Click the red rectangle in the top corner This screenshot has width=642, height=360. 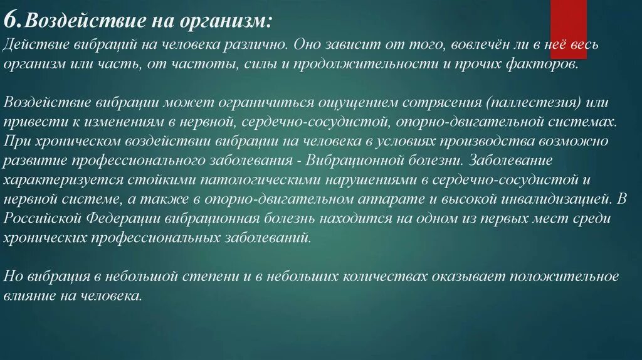point(568,20)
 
